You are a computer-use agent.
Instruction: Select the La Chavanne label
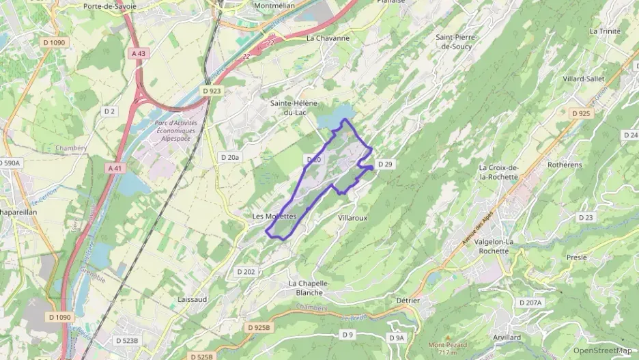[x=328, y=38]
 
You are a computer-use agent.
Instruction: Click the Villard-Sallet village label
[x=584, y=79]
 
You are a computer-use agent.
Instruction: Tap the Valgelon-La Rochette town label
[x=504, y=246]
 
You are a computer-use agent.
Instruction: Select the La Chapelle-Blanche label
[x=310, y=288]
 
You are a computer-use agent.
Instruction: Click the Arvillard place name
[x=506, y=337]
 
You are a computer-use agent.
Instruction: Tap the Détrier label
[x=408, y=301]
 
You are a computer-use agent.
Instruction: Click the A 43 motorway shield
[x=139, y=53]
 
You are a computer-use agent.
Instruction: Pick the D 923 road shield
[x=213, y=90]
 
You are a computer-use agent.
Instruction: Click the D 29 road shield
[x=385, y=164]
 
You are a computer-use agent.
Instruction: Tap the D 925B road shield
[x=259, y=328]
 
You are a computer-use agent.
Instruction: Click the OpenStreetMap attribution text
[x=603, y=350]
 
